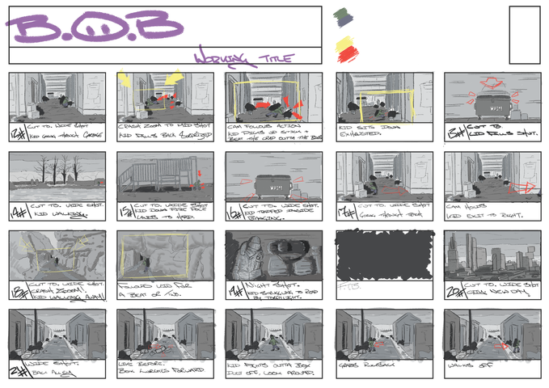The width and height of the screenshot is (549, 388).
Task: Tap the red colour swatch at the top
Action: [x=347, y=55]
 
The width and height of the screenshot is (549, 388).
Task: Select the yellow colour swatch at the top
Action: [x=345, y=40]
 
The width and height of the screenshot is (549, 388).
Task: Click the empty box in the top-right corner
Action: [x=523, y=34]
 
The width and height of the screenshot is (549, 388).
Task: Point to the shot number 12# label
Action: [x=17, y=133]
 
